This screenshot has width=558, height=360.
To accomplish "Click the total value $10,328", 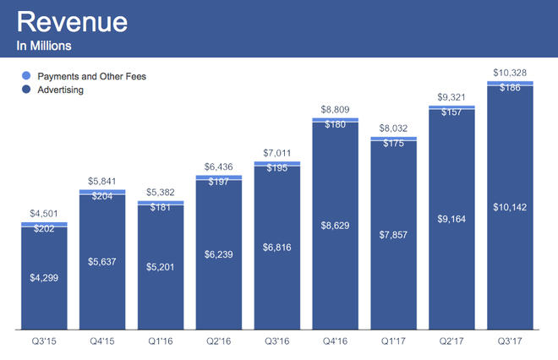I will (x=510, y=72).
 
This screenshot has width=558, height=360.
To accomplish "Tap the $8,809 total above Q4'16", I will (x=336, y=110).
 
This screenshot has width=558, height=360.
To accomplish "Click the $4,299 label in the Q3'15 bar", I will (x=44, y=277).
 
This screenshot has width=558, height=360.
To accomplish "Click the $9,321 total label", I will (x=451, y=97).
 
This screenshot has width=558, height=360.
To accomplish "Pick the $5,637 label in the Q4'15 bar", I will (x=102, y=261).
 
